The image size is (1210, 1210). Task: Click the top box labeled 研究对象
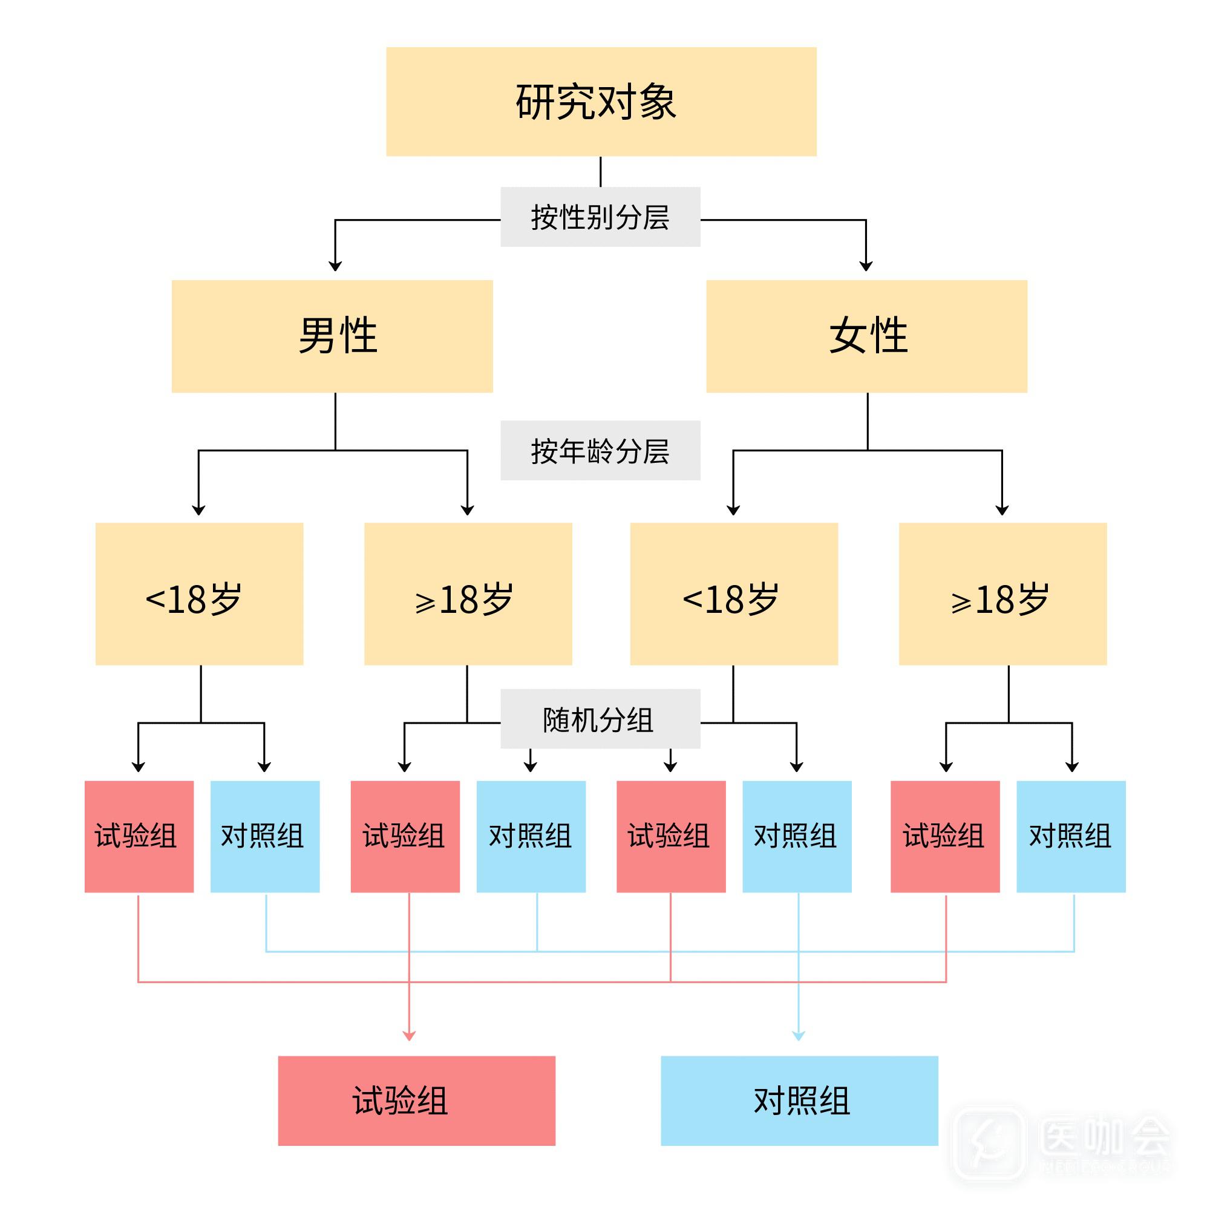coord(601,102)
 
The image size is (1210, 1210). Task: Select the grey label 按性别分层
coord(600,217)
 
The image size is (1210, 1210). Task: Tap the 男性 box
coord(332,336)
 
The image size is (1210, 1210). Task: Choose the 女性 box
coord(866,336)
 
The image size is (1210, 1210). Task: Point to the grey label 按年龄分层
coord(600,450)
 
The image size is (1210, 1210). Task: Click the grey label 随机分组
coord(600,718)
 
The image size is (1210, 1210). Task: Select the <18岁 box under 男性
coord(199,594)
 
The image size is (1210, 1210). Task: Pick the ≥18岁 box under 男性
coord(468,594)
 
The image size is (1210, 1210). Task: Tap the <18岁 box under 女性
coord(733,594)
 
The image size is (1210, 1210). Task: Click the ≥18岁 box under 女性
coord(1002,594)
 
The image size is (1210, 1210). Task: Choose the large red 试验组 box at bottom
coord(416,1100)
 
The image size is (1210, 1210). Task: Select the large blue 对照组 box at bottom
coord(799,1100)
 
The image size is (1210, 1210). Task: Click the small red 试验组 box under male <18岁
coord(139,836)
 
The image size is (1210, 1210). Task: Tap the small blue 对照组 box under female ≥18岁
coord(1070,836)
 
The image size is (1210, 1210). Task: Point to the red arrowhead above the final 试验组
coord(409,1036)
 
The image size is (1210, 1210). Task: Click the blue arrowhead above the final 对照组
coord(799,1036)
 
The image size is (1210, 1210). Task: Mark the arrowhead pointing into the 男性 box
coord(335,267)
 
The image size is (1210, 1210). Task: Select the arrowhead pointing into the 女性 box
coord(866,267)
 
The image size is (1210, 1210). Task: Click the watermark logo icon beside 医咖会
coord(989,1142)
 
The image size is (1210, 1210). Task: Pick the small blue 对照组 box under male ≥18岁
coord(531,836)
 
